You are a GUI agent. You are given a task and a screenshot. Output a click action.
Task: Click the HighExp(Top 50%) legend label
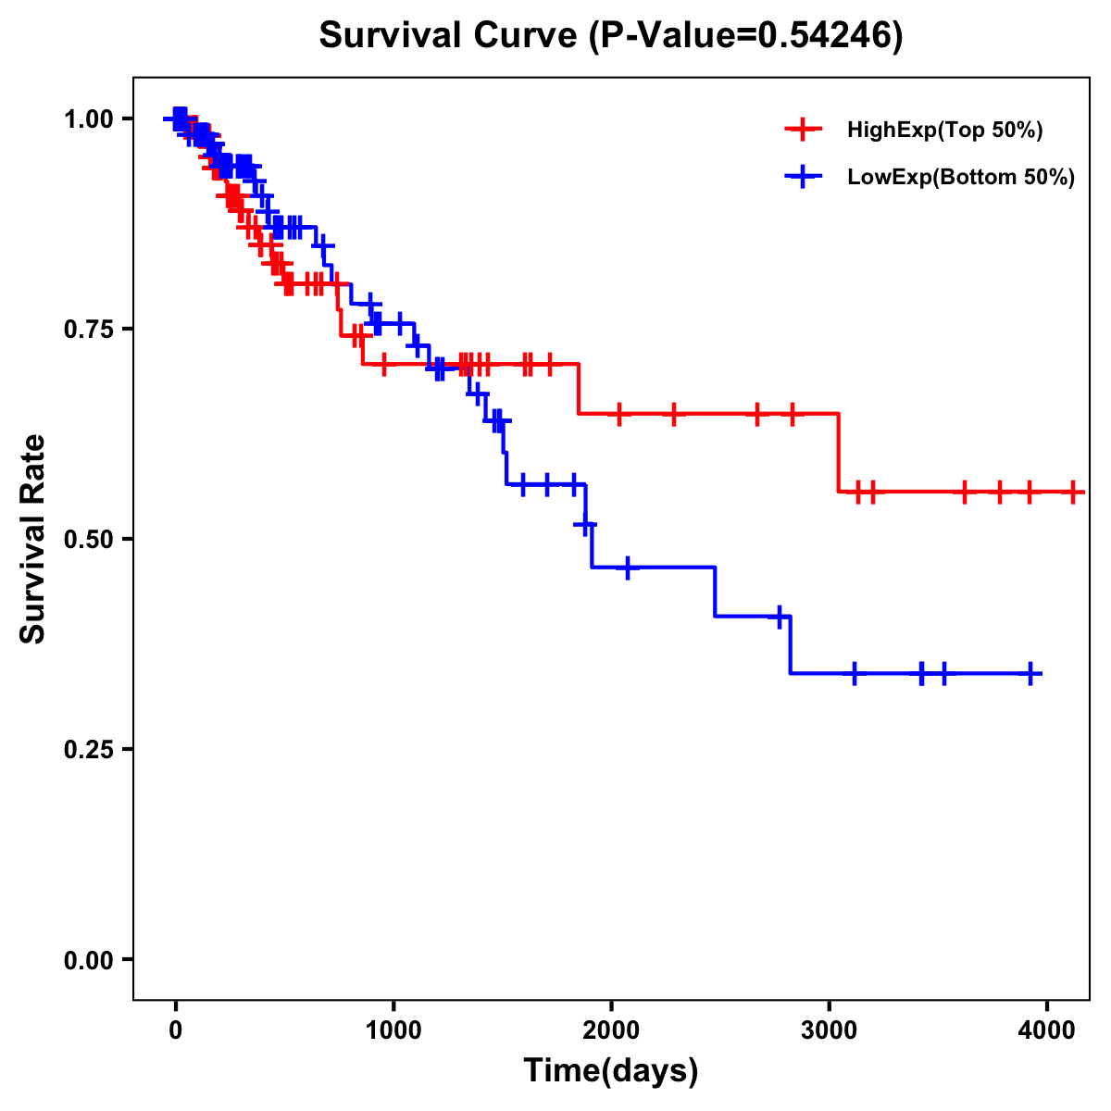[x=945, y=131]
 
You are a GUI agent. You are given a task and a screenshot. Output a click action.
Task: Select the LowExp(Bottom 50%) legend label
[x=961, y=177]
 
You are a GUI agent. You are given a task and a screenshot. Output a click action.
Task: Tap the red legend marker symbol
[x=803, y=131]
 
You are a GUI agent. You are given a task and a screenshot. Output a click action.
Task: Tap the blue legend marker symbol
[x=803, y=177]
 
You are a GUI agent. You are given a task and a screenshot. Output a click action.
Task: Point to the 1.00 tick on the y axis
[x=88, y=119]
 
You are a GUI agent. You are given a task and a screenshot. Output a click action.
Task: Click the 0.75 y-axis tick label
[x=88, y=330]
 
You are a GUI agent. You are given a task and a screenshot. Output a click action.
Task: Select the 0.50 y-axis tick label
[x=88, y=540]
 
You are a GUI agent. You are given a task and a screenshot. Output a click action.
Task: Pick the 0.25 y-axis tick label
[x=88, y=750]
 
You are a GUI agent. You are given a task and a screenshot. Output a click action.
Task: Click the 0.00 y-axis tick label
[x=88, y=960]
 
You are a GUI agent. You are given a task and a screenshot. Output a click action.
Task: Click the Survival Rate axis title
[x=33, y=539]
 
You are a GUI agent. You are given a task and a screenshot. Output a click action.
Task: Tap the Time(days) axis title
[x=611, y=1071]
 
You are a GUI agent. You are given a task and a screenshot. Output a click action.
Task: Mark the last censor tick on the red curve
[x=1073, y=492]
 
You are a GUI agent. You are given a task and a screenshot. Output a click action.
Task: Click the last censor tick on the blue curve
[x=1030, y=673]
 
